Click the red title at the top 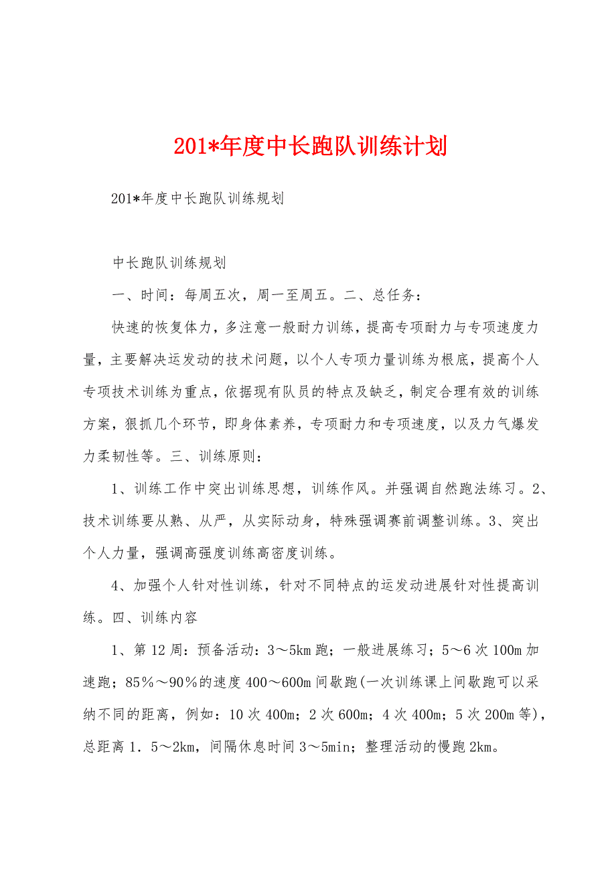310,147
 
